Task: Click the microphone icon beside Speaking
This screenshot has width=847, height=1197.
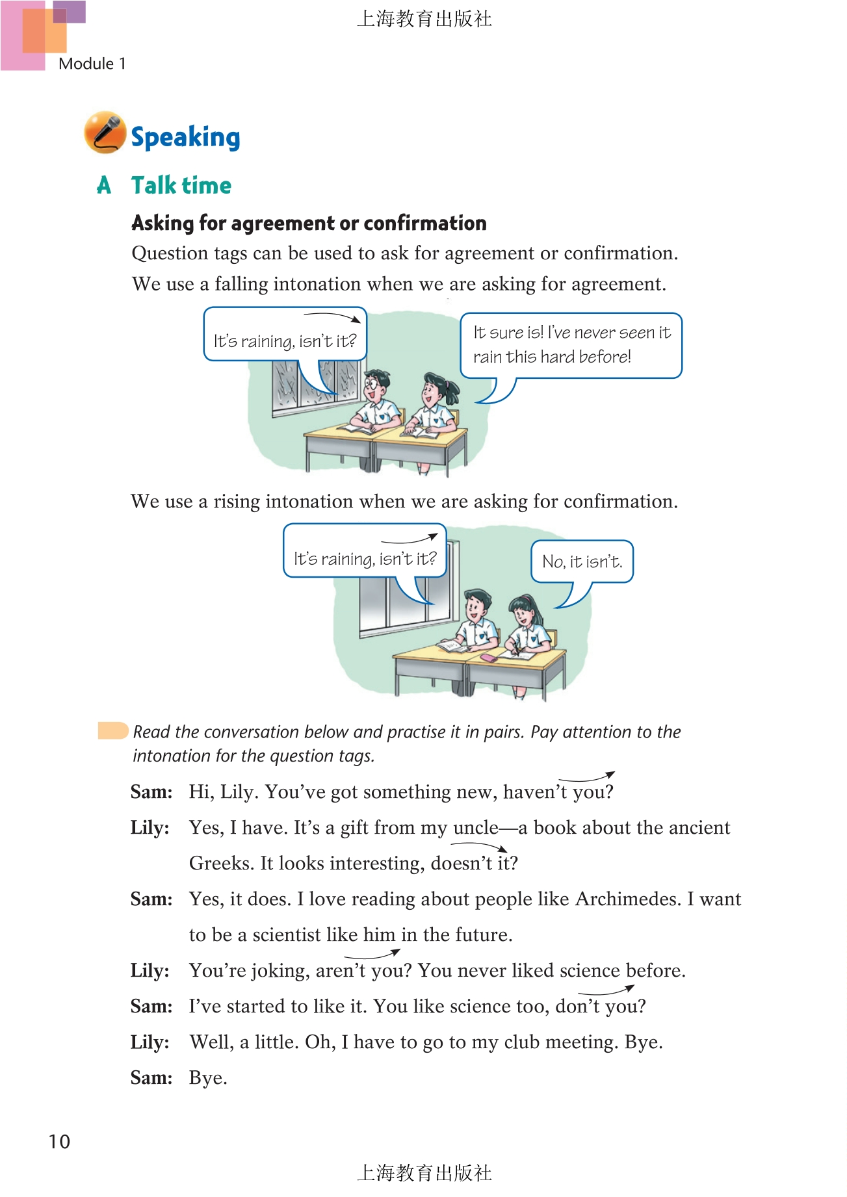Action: point(105,133)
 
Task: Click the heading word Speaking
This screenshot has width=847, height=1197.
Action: point(185,137)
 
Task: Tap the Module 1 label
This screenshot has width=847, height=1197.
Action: point(92,64)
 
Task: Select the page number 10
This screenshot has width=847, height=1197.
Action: point(59,1141)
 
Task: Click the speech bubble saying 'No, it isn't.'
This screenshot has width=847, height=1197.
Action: point(582,561)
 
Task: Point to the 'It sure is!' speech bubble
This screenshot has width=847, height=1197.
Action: point(571,345)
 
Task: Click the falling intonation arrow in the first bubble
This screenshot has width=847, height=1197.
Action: point(332,317)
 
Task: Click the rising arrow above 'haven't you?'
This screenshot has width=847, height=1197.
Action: point(586,777)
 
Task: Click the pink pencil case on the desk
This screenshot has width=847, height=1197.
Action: point(488,658)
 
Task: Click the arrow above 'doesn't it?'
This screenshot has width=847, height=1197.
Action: point(479,846)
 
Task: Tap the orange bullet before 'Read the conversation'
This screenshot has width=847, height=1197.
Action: point(112,730)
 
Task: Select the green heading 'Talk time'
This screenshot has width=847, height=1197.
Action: point(181,185)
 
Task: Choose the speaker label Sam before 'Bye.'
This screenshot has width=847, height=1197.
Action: point(151,1078)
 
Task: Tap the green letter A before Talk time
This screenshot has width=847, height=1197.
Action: point(104,185)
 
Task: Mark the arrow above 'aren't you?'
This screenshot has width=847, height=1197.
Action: point(372,955)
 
